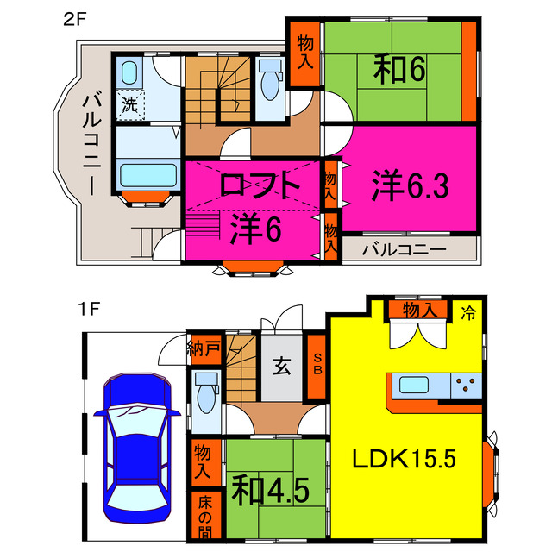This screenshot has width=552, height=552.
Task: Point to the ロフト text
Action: click(x=259, y=185)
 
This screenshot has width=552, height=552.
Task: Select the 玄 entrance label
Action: click(x=282, y=367)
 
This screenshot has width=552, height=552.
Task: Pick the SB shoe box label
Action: click(x=317, y=367)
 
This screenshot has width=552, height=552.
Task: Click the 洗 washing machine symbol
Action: click(x=130, y=105)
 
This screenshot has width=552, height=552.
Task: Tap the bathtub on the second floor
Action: click(x=147, y=175)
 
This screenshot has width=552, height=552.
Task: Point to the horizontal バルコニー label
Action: click(x=404, y=250)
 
